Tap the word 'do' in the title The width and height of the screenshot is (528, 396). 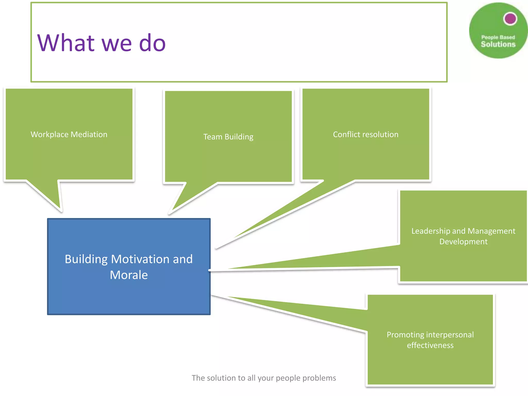[x=152, y=43]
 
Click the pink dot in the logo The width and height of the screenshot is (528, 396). [x=510, y=19]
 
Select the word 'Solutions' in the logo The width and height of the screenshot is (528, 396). [x=498, y=44]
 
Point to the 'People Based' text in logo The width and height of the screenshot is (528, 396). [x=498, y=37]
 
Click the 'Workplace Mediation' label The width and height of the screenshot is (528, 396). [x=69, y=134]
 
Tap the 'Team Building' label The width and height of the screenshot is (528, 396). [x=228, y=137]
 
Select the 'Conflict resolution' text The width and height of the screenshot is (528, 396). [x=366, y=134]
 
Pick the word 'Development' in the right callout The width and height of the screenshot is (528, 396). [x=463, y=242]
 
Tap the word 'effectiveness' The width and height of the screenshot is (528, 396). [x=430, y=345]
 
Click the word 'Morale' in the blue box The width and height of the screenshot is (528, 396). [x=129, y=275]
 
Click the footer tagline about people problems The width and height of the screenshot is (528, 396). [x=264, y=378]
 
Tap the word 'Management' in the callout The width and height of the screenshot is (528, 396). [x=491, y=231]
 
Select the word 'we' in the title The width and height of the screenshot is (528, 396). [x=117, y=43]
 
